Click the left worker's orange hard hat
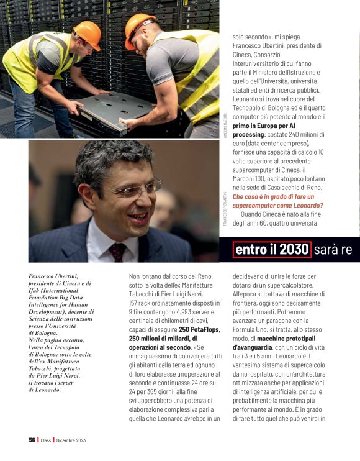click(x=86, y=34)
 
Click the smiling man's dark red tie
click(x=117, y=252)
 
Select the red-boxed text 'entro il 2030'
click(x=272, y=249)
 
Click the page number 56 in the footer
click(x=32, y=440)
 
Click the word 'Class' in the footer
click(x=45, y=440)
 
